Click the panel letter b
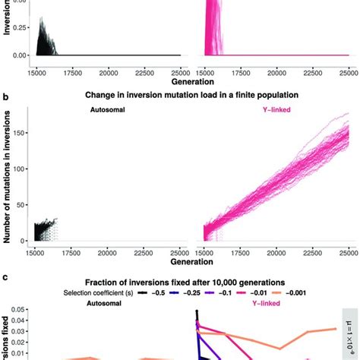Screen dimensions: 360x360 click(x=6, y=97)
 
